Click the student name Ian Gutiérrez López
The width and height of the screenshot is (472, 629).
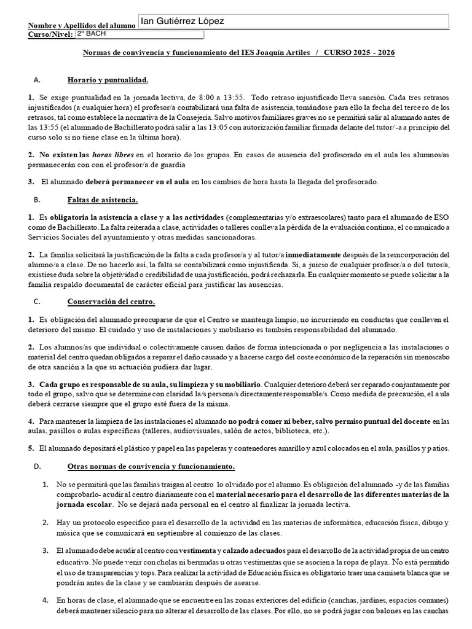(182, 21)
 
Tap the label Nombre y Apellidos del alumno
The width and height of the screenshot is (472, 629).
(81, 26)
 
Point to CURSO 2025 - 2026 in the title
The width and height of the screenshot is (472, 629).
(360, 53)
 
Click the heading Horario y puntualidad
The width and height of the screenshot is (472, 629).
(108, 80)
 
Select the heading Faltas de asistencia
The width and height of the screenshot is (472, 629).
(102, 200)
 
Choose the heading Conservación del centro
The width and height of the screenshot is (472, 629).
(111, 302)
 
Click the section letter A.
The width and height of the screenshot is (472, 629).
(37, 80)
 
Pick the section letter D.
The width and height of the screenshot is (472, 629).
(37, 467)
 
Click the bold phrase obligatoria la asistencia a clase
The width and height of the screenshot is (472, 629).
(98, 217)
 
